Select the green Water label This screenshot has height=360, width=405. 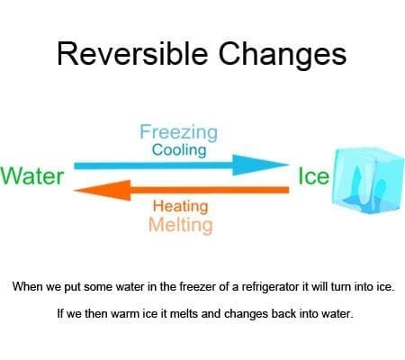coord(32,175)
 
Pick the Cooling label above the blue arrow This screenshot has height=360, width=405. coord(178,150)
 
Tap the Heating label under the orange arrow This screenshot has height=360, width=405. coord(180,205)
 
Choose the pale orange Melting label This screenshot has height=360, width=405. coord(181,224)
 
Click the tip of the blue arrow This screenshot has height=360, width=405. coord(286,166)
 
